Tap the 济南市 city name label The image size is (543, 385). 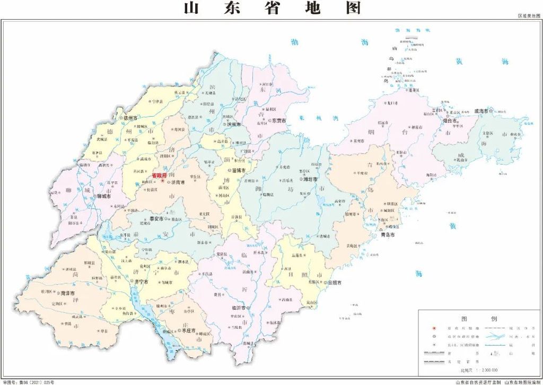(177, 182)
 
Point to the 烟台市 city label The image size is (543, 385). (451, 120)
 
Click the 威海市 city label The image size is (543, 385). (483, 111)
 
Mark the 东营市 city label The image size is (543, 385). (279, 121)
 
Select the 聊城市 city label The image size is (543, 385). (103, 196)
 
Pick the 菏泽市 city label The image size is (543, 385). (68, 293)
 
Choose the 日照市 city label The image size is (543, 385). (335, 283)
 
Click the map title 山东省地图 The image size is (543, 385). (272, 8)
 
